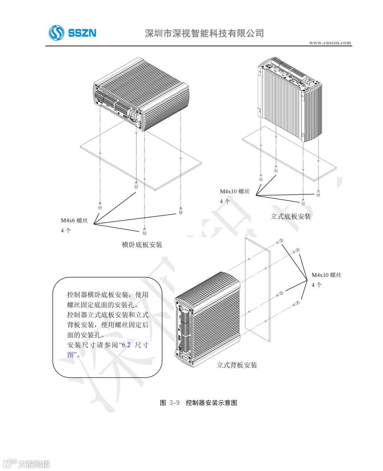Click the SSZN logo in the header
coord(73,33)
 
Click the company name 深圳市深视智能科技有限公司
coord(204,33)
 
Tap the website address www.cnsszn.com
coord(330,43)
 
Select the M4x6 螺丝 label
coord(74,220)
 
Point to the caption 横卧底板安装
coord(142,245)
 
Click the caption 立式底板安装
coord(291,216)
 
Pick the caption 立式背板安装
coord(237,365)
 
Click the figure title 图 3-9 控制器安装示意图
coord(199,403)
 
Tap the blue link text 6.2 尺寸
coord(135,345)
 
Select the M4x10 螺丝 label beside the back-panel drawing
coord(326,275)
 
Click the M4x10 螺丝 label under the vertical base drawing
coord(235,192)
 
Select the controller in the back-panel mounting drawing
coord(207,319)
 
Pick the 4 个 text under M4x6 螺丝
coord(66,231)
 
